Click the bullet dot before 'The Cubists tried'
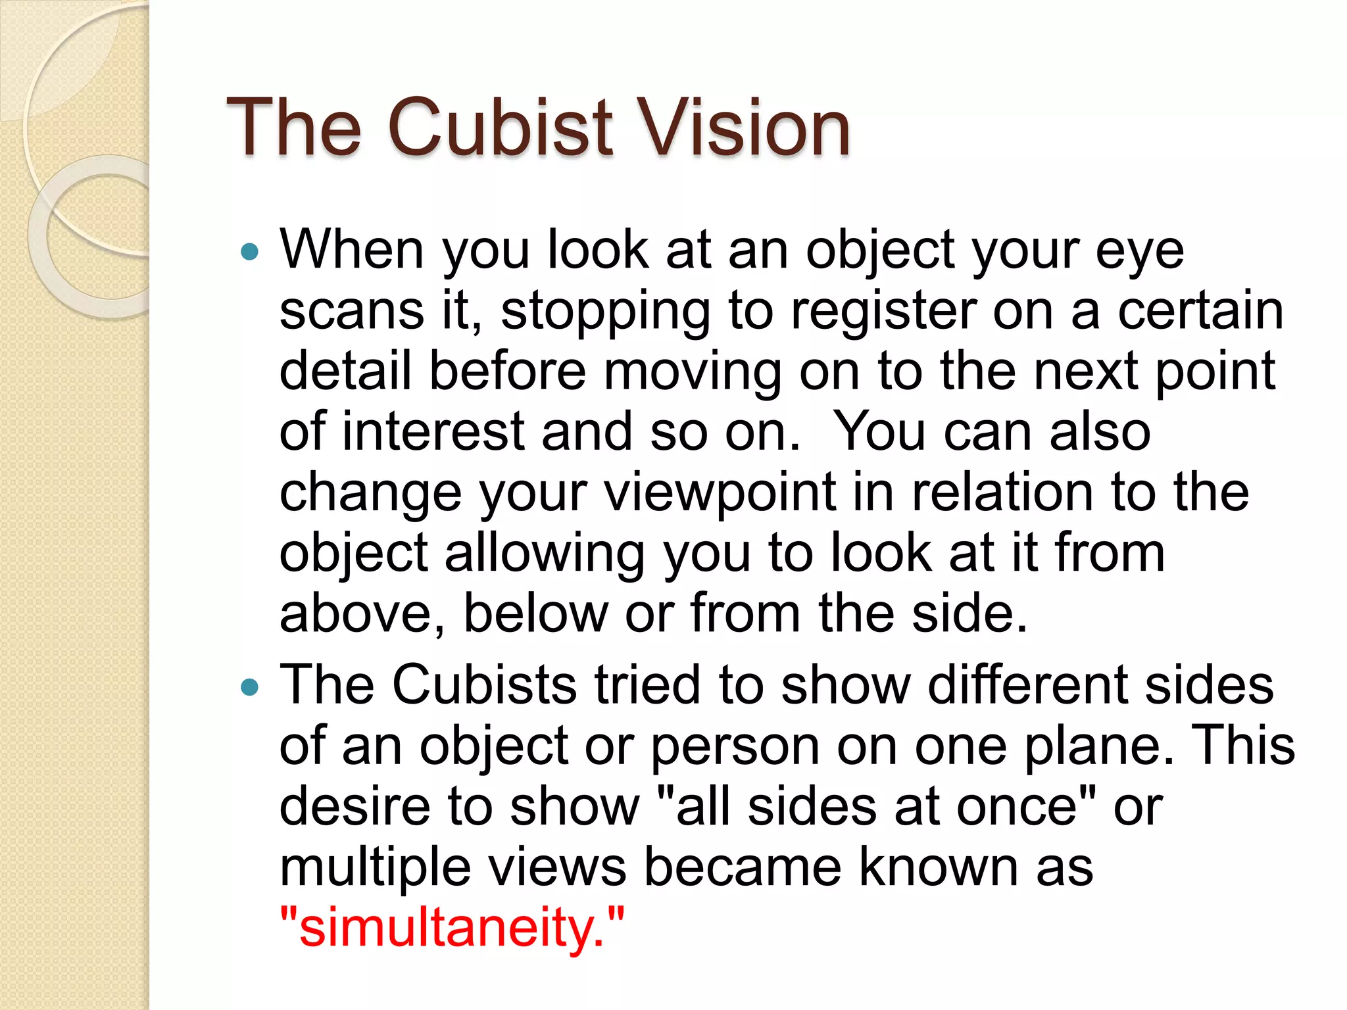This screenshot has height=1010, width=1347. [250, 687]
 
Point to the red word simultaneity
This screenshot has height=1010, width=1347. [451, 927]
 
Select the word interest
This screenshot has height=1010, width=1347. [433, 432]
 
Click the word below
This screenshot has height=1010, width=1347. [536, 613]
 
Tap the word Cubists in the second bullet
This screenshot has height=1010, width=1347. [485, 685]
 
